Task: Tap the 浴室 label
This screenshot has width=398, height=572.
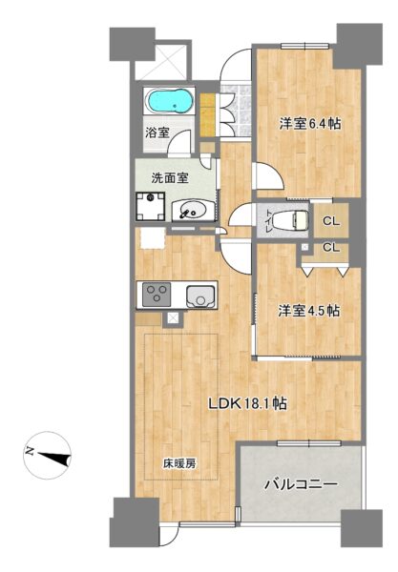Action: coord(157,133)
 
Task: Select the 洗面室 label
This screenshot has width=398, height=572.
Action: coord(170,178)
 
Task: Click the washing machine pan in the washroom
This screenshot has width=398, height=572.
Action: coord(150,206)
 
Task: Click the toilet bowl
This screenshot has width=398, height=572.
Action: coord(291,220)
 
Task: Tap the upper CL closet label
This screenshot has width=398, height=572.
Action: coord(331,221)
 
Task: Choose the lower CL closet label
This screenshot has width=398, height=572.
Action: coord(331,248)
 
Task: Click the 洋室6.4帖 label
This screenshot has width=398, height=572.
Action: coord(310,124)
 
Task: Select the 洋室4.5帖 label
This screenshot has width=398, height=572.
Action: coord(309,311)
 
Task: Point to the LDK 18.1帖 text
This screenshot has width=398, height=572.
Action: coord(247,403)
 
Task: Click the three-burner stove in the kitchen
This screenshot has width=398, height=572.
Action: coord(157,295)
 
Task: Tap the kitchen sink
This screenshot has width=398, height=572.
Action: coord(199,296)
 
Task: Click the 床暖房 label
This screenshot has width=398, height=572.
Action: coord(179,463)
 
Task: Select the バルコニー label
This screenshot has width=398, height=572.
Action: coord(301,484)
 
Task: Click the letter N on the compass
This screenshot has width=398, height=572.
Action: coord(30,452)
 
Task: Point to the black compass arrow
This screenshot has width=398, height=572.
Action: coord(54,458)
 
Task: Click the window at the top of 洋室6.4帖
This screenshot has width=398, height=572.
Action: coord(305,46)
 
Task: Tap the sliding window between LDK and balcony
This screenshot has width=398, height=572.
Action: coord(309,443)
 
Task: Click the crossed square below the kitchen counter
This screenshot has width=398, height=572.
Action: coord(173,319)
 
